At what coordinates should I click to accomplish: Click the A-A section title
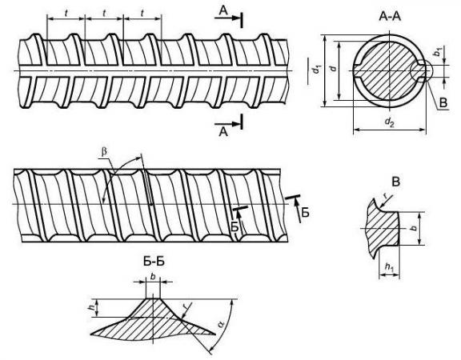click(x=390, y=16)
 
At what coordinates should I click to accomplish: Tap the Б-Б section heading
click(x=154, y=262)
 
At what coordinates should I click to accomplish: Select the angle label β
click(x=104, y=152)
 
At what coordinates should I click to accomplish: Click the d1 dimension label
click(x=317, y=69)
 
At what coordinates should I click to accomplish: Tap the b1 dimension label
click(x=438, y=51)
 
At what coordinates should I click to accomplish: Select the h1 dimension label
click(x=389, y=266)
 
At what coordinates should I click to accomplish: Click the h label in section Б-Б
click(x=93, y=307)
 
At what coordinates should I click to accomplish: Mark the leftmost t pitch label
click(x=66, y=14)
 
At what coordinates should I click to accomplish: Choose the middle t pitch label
click(x=104, y=14)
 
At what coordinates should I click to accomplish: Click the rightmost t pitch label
click(x=142, y=14)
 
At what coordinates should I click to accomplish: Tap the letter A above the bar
click(x=223, y=10)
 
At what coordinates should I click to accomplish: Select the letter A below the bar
click(x=223, y=132)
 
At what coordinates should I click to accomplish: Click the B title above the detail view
click(x=396, y=182)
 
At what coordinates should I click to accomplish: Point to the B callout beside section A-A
click(x=443, y=102)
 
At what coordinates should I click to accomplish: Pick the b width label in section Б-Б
click(x=153, y=276)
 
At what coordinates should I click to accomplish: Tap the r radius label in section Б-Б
click(x=186, y=307)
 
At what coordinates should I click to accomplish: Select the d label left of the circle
click(x=333, y=68)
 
